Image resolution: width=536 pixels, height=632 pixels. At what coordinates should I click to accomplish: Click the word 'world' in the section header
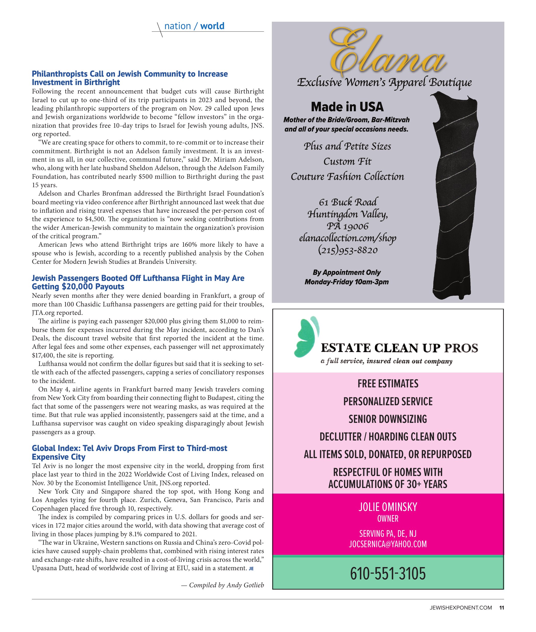212,26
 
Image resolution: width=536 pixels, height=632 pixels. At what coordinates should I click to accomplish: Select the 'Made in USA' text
347,107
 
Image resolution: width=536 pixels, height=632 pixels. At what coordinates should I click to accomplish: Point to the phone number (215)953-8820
348,250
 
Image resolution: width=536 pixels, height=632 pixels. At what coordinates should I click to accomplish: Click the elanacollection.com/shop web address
348,238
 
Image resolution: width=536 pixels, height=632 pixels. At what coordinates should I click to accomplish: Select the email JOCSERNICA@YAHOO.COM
388,544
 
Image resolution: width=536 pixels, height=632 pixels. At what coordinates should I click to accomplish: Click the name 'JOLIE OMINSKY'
388,507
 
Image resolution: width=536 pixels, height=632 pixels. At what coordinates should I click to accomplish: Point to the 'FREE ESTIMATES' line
388,384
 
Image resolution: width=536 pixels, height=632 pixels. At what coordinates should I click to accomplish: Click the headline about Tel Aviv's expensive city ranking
129,452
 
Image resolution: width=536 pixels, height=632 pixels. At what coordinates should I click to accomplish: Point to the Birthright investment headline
130,78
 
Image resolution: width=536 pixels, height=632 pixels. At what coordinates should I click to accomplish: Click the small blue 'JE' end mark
251,568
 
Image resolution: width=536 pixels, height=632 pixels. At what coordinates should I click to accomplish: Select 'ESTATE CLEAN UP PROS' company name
399,348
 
